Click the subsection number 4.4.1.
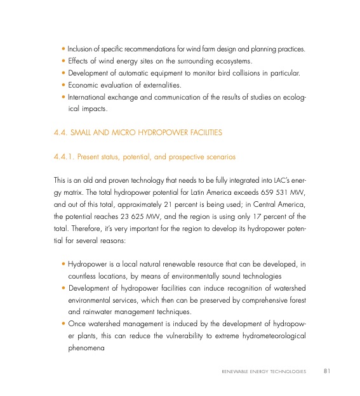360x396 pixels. (x=64, y=155)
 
